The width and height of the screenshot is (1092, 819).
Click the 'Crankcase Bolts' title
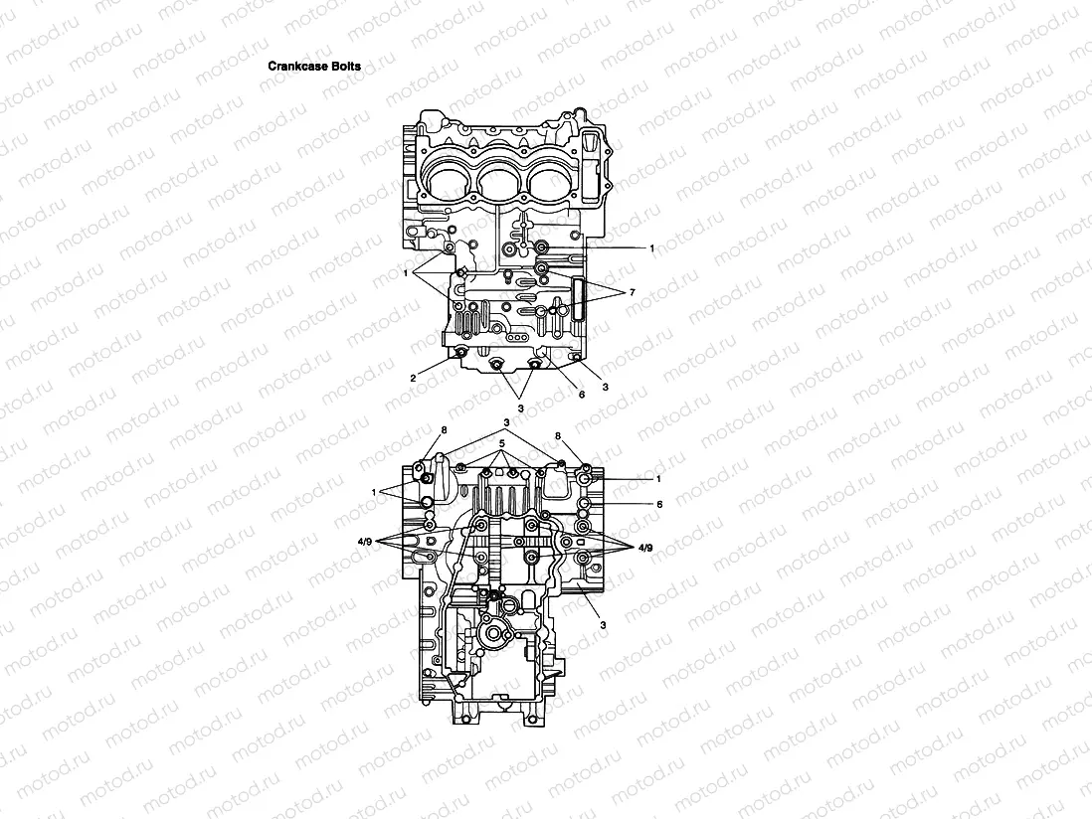pos(314,67)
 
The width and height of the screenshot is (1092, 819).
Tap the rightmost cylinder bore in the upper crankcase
pos(553,181)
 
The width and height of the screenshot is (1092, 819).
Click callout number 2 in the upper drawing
pos(413,379)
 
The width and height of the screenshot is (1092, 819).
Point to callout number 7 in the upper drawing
pos(631,294)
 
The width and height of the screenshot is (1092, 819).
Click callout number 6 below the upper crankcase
pos(582,395)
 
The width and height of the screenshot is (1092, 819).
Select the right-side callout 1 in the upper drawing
pos(651,247)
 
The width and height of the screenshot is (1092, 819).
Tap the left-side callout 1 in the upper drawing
pos(408,271)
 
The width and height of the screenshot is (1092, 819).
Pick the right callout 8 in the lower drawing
pos(560,435)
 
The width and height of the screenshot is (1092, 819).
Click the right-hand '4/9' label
pos(646,546)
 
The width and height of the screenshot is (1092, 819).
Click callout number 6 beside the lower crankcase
pos(658,504)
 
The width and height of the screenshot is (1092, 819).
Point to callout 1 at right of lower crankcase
pos(658,478)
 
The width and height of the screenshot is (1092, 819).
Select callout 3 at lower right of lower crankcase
pos(603,625)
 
